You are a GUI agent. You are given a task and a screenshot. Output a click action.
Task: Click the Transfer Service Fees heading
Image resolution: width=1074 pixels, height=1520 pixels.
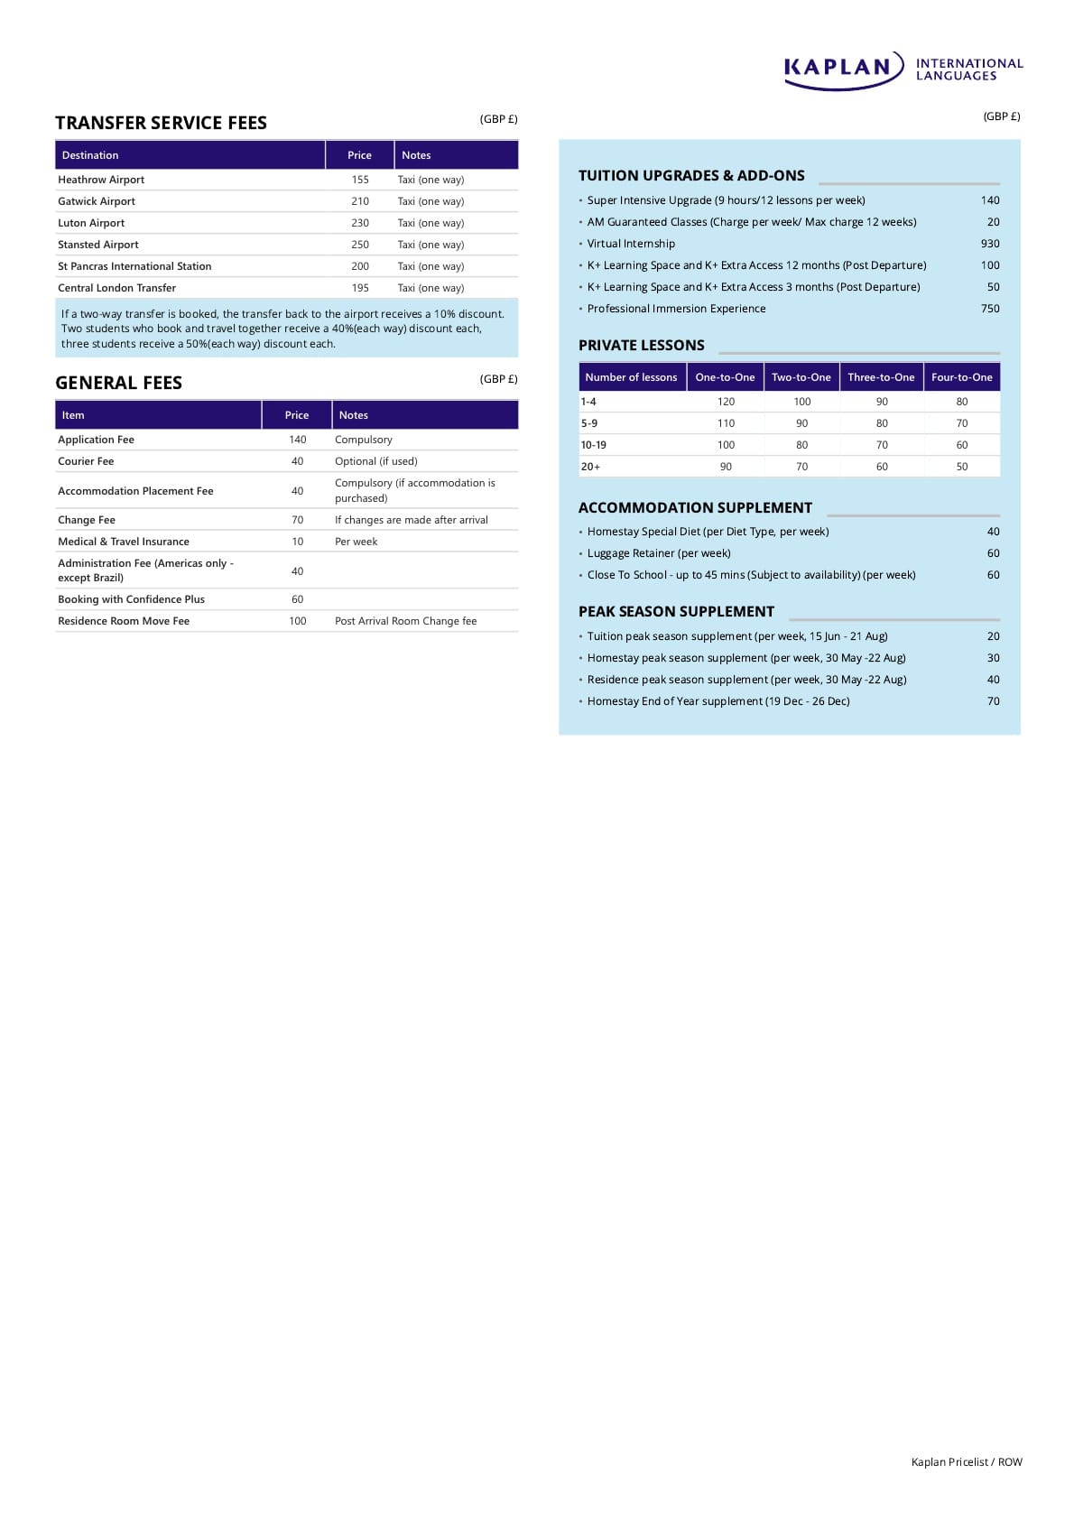tap(161, 123)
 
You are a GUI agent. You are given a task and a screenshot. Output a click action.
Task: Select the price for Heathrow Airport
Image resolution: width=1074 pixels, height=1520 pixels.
tap(360, 180)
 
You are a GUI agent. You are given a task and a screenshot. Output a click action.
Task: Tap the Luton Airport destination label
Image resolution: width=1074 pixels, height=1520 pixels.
tap(91, 223)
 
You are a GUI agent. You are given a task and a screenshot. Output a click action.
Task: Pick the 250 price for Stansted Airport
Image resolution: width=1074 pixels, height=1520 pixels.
tap(360, 245)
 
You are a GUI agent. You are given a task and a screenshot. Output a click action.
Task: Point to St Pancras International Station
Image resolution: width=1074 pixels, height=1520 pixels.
tap(134, 266)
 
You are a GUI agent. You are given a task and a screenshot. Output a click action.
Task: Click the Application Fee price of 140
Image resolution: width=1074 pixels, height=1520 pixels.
tap(297, 440)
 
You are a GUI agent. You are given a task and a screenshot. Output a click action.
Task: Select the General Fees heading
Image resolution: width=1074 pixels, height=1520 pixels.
tap(118, 383)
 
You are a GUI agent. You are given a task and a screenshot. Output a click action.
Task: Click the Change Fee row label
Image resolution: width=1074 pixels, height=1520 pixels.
tap(87, 520)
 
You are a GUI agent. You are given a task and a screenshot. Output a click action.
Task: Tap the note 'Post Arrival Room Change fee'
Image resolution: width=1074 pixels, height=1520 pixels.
tap(405, 621)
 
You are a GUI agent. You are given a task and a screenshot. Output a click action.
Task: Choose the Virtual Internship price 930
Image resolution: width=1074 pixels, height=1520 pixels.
tap(990, 244)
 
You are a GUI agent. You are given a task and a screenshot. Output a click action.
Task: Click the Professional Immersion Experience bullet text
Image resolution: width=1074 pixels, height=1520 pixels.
tap(676, 309)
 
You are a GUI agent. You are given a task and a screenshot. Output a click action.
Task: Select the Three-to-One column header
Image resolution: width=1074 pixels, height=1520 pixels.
tap(881, 377)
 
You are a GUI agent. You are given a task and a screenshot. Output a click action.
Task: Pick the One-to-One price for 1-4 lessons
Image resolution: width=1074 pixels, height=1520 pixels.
tap(726, 402)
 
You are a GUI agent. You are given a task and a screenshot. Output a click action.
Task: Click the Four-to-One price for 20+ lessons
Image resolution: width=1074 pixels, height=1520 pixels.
tap(961, 467)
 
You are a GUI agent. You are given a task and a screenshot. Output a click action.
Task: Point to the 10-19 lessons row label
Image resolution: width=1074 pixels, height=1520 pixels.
tap(594, 445)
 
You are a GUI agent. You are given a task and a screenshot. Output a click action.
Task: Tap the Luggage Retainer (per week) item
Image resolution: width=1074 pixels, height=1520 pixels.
tap(659, 553)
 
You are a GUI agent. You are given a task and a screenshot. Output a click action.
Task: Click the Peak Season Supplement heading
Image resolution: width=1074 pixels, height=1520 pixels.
tap(676, 611)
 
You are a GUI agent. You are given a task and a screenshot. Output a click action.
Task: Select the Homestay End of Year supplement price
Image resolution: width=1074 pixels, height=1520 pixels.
tap(993, 701)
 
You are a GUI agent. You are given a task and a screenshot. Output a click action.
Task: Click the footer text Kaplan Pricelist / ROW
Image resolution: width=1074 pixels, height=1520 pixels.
tap(967, 1462)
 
